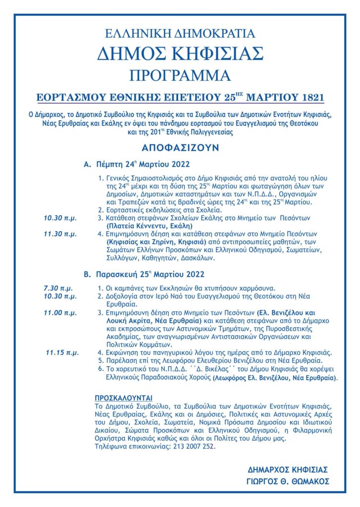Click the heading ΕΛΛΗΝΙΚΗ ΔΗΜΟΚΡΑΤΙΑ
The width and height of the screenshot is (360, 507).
[x=180, y=34]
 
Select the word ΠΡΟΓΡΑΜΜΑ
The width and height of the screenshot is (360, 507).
[x=180, y=75]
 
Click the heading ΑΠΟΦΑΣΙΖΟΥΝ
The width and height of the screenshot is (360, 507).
[x=180, y=148]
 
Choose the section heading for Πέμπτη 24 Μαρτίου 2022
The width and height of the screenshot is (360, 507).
[x=137, y=164]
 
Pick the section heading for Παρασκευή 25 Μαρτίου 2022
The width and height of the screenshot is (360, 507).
[x=143, y=274]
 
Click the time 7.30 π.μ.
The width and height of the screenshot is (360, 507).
[x=58, y=288]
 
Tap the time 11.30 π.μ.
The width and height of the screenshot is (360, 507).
[x=60, y=234]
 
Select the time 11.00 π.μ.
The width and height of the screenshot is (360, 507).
[x=60, y=313]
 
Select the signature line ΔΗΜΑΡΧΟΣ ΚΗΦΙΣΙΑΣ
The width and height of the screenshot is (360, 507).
[x=288, y=469]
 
